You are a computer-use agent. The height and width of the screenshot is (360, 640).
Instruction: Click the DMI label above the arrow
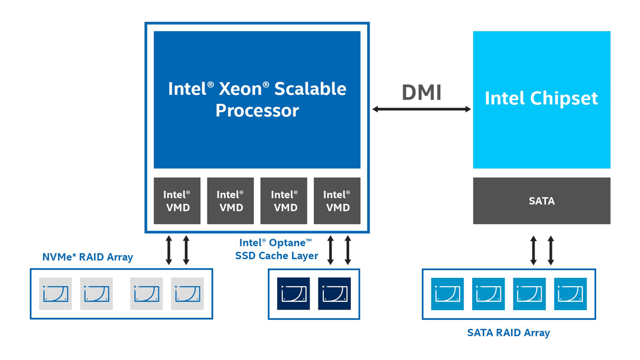coord(422,92)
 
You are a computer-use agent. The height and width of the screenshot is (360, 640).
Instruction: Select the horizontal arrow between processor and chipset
coord(422,109)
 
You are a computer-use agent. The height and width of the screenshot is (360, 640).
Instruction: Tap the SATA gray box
coord(541,201)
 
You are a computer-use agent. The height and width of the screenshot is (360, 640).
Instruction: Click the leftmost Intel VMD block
coord(177,201)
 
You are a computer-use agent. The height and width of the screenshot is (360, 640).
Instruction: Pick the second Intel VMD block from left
coord(230,201)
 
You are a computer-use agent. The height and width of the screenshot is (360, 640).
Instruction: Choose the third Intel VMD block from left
coord(284,201)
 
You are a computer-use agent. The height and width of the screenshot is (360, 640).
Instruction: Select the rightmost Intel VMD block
coord(337,201)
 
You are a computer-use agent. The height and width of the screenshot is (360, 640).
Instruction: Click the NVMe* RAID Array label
coord(88,257)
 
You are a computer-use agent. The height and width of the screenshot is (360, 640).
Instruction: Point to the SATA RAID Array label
coord(508,332)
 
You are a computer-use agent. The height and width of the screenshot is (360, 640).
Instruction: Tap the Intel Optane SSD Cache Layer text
coord(276,250)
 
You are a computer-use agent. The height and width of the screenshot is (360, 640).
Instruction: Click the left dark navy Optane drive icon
coord(293,293)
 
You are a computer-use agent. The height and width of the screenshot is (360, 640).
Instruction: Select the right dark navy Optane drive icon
coord(334,293)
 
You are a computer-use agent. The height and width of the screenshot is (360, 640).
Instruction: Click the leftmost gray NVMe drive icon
coord(55,293)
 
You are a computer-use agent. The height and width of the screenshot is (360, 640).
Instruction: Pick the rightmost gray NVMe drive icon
coord(187,293)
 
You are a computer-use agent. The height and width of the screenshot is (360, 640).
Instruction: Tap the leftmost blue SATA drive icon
coord(447,293)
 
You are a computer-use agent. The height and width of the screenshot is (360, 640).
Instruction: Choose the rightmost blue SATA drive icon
coord(570,293)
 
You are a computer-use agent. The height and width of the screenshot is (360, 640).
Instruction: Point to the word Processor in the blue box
coord(257,111)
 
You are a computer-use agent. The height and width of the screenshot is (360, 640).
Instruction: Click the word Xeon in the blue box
coord(240,89)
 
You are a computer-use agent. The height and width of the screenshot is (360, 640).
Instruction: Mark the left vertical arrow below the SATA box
coord(533,251)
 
